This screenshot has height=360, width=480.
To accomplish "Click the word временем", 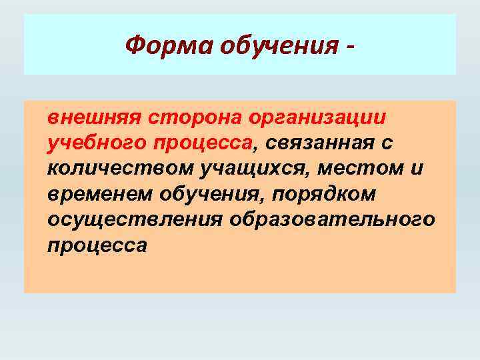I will [100, 193].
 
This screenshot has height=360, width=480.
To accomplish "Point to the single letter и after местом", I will [417, 168].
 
